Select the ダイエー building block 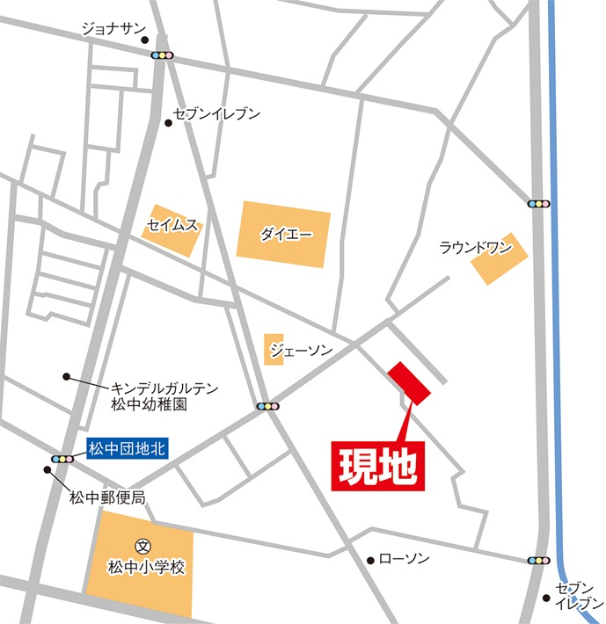[283, 234]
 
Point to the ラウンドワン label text [476, 247]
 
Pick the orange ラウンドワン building [499, 259]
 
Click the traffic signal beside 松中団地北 [62, 459]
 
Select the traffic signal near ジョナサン [163, 54]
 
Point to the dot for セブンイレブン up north [168, 122]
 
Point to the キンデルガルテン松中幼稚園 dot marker [65, 376]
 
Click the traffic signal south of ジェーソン [267, 407]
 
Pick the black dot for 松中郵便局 [47, 470]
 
